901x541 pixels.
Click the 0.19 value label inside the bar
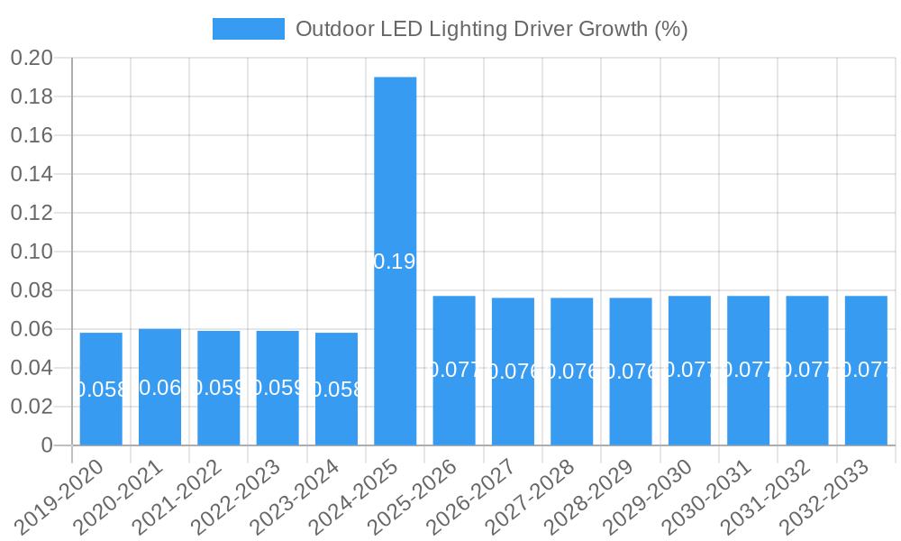[395, 261]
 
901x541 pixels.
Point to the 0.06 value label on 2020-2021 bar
[160, 388]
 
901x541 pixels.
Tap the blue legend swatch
[248, 29]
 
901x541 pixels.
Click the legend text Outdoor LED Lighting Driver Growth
[491, 29]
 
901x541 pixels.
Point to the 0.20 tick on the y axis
[32, 59]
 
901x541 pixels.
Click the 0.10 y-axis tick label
[32, 252]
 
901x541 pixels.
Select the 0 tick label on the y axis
[47, 445]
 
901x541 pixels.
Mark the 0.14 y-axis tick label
[32, 174]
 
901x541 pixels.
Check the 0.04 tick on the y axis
[32, 368]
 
